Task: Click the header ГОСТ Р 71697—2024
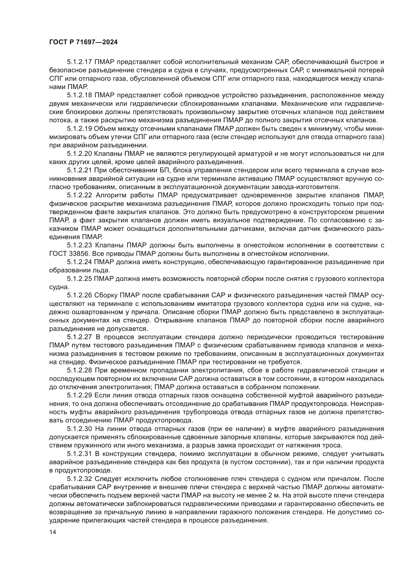tap(83, 42)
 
